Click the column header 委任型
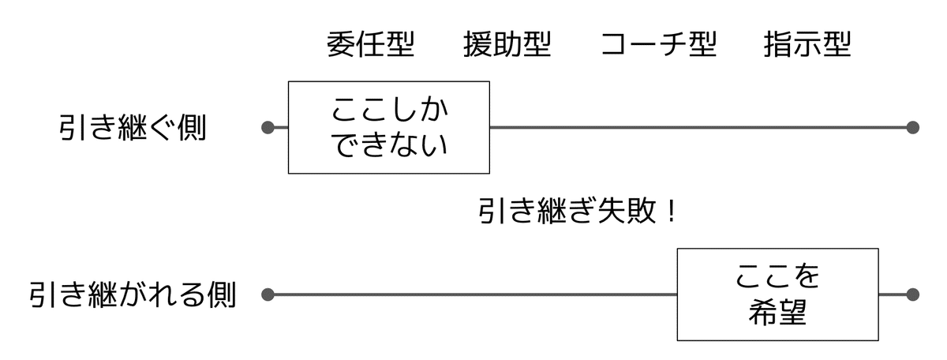(370, 45)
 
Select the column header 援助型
(507, 45)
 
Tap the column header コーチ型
(658, 45)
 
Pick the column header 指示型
(807, 45)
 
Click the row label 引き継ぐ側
(132, 127)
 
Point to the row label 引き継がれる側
(133, 295)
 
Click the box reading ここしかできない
(388, 127)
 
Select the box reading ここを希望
(777, 294)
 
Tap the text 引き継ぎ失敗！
(577, 212)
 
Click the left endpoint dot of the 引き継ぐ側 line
(268, 127)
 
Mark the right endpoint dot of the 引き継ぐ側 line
(913, 127)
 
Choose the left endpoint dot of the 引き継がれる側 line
(268, 295)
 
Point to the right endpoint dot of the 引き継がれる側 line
(913, 295)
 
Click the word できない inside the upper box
(388, 145)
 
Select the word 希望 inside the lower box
(777, 313)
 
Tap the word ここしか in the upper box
(388, 109)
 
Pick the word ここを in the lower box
(777, 277)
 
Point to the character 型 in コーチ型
(702, 45)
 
